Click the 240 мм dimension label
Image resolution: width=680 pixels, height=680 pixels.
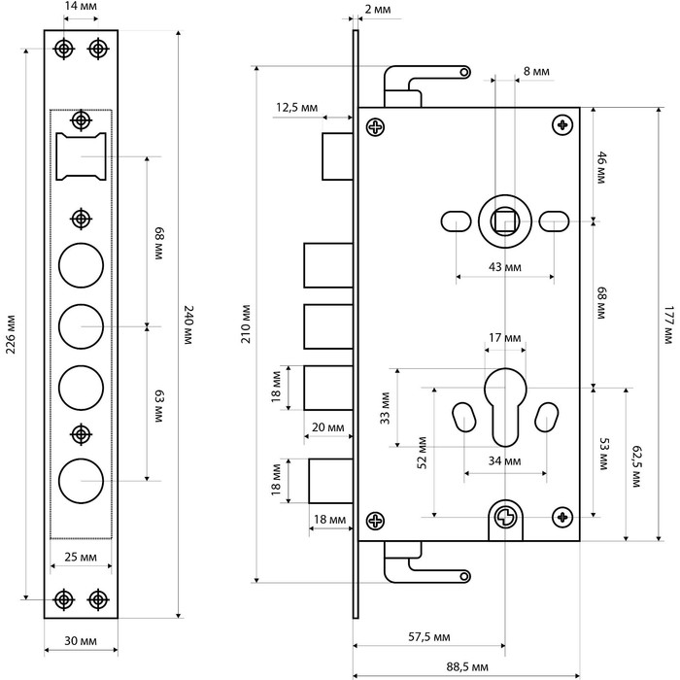188,325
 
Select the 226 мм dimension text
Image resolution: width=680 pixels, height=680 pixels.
11,334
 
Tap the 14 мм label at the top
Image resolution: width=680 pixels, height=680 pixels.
81,6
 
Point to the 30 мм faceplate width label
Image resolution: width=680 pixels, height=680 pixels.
81,640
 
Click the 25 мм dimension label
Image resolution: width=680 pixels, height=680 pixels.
81,557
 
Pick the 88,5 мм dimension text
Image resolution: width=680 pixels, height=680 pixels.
467,667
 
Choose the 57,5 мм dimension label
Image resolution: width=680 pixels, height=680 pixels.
429,637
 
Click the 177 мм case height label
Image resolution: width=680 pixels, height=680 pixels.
668,325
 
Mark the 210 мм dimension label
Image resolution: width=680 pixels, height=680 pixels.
246,323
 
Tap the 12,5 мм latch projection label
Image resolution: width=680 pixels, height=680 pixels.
296,107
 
